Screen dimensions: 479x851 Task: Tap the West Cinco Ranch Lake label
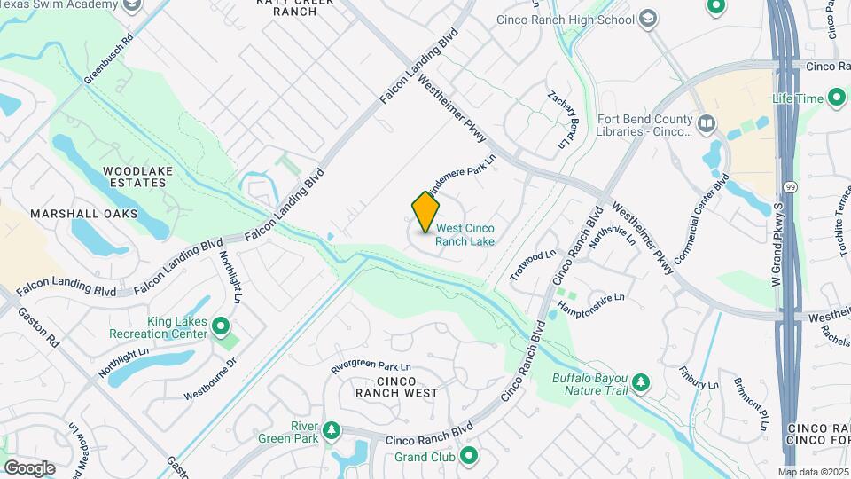point(465,234)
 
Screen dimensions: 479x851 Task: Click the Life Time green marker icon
point(836,98)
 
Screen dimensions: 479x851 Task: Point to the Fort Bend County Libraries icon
point(707,123)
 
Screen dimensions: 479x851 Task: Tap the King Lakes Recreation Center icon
point(221,334)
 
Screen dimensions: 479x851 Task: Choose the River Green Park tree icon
point(332,431)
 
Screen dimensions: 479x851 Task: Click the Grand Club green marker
point(469,457)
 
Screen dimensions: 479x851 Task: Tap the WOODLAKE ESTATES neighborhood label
point(134,177)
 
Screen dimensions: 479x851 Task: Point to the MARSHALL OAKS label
point(84,214)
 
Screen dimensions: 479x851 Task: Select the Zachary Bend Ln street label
point(567,120)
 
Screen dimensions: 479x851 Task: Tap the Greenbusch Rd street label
point(108,59)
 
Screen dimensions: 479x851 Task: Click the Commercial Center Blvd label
point(701,217)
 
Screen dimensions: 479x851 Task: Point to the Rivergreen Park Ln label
point(371,365)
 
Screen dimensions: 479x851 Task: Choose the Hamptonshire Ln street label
point(591,302)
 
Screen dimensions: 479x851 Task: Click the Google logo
point(29,467)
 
